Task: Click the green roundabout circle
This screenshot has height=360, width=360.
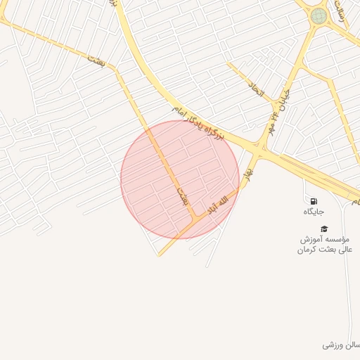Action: pos(319,15)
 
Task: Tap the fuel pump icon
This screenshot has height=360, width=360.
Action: pos(314,201)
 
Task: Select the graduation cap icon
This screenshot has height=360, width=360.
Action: pos(324,229)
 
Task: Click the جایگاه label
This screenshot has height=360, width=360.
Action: pos(314,212)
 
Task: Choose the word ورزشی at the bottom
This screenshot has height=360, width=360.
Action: pos(333,345)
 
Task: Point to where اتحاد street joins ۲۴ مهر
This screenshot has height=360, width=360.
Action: pos(273,115)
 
